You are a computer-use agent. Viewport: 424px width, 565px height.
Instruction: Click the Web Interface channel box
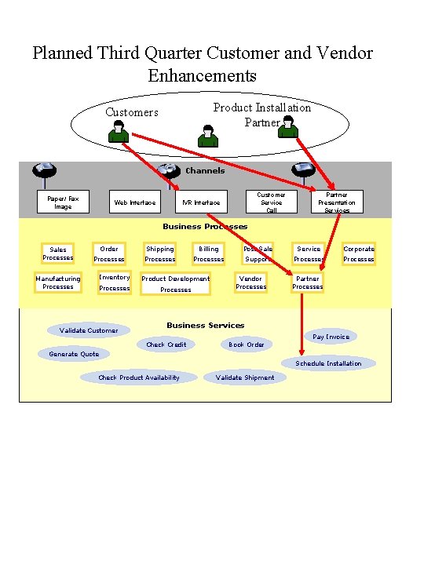[x=134, y=202]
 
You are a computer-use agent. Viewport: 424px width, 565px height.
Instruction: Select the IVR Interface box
[x=201, y=202]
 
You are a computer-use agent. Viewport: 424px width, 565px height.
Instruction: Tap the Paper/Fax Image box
[x=63, y=202]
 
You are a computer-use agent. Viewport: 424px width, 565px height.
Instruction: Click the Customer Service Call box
[x=272, y=202]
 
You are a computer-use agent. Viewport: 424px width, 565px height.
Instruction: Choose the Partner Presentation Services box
[x=337, y=202]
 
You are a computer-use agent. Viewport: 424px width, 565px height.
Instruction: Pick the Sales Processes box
[x=58, y=253]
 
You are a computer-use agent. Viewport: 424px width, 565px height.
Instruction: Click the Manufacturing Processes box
[x=58, y=282]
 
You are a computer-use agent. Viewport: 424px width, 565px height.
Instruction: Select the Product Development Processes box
[x=175, y=283]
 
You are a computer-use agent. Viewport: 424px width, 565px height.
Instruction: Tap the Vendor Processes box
[x=250, y=282]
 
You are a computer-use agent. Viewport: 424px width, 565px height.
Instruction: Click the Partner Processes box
[x=307, y=282]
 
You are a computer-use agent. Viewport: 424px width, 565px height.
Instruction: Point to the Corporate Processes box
[x=359, y=253]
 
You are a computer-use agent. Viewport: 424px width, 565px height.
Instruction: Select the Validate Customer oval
[x=89, y=330]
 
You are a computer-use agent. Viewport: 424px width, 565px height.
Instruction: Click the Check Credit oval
[x=166, y=344]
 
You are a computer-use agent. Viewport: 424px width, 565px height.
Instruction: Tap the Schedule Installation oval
[x=328, y=363]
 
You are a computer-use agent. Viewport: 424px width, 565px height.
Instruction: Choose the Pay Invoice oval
[x=331, y=337]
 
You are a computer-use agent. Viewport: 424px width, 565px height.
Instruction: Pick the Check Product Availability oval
[x=138, y=377]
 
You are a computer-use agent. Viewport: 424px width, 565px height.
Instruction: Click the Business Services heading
[x=205, y=325]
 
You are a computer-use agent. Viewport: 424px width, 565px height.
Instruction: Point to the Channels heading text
[x=205, y=170]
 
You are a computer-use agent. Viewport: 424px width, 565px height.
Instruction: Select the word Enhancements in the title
[x=202, y=75]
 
